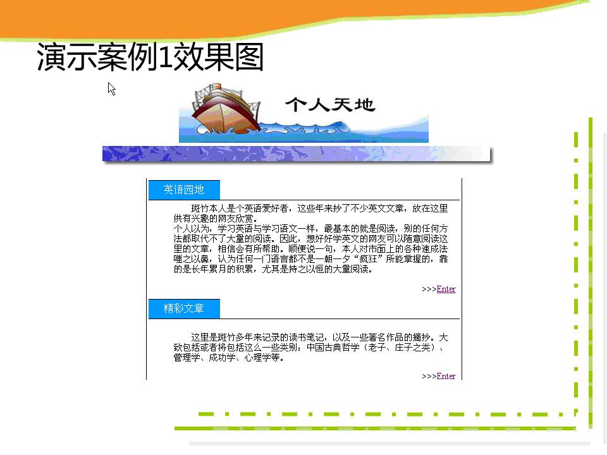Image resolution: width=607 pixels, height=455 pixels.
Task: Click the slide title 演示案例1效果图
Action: click(150, 57)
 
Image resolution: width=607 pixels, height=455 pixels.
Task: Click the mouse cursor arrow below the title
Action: click(111, 88)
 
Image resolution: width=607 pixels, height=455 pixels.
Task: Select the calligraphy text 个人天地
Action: click(330, 104)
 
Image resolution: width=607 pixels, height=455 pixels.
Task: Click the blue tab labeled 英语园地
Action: click(184, 190)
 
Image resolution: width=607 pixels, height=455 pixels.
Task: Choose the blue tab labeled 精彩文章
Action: click(184, 309)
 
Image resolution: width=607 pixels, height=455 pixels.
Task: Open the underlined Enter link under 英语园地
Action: click(446, 289)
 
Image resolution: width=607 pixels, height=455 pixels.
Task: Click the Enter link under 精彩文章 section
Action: click(446, 376)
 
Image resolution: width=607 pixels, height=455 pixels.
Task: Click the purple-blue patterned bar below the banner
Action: click(297, 154)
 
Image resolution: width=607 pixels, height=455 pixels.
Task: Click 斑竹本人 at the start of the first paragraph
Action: click(209, 209)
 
